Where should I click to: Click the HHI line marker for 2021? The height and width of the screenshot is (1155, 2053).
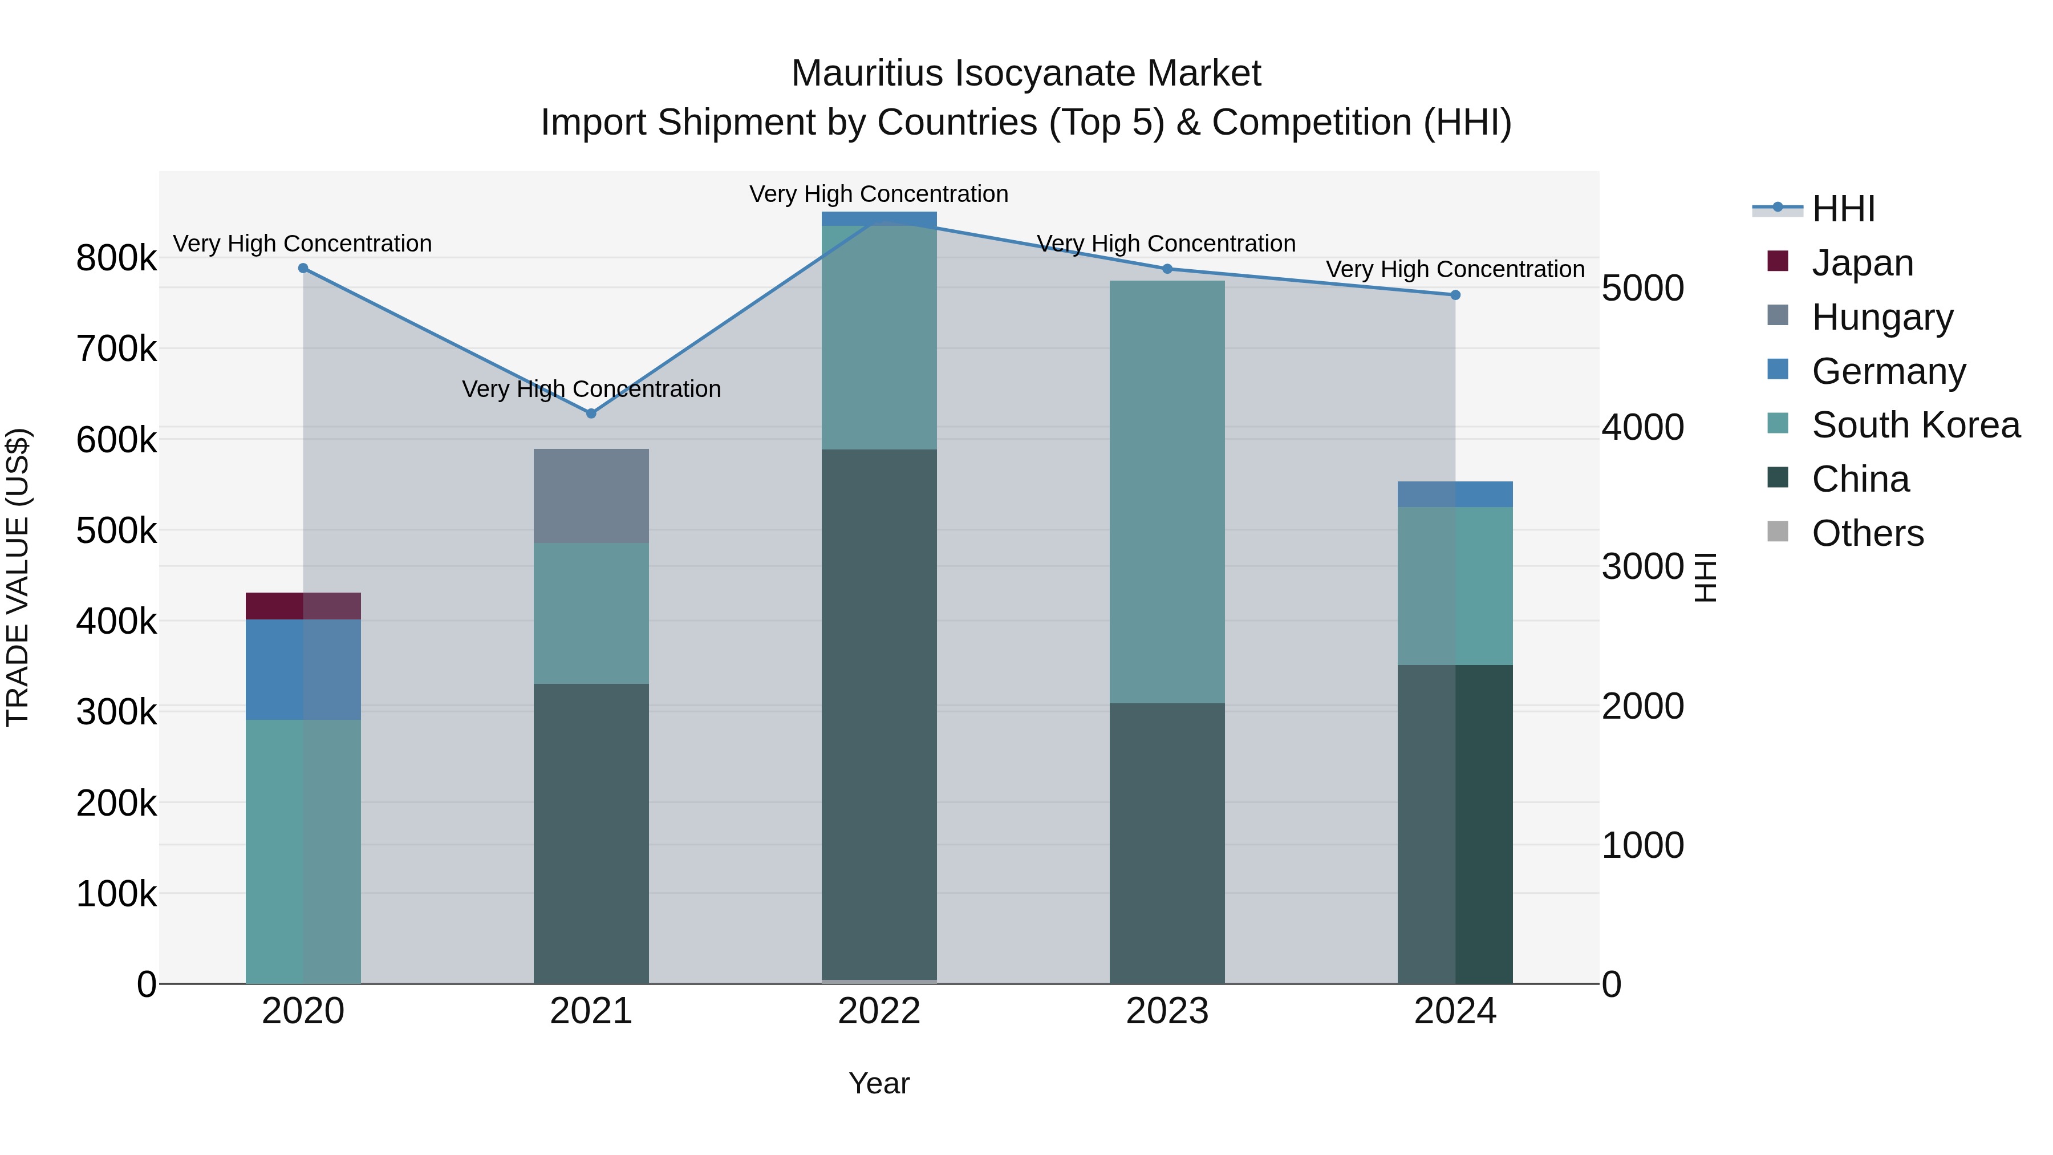pyautogui.click(x=591, y=414)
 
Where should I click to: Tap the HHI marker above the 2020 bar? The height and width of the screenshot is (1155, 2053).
pyautogui.click(x=303, y=269)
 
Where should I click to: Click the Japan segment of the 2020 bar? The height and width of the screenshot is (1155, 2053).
pyautogui.click(x=303, y=606)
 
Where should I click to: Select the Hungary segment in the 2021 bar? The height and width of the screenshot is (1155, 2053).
pyautogui.click(x=591, y=496)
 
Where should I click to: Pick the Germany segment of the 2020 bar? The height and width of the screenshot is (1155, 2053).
pyautogui.click(x=303, y=670)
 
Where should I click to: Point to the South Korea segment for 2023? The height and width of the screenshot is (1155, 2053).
pyautogui.click(x=1167, y=491)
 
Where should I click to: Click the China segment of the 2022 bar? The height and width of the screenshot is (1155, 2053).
pyautogui.click(x=879, y=714)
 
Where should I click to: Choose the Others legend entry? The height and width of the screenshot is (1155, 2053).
pyautogui.click(x=1867, y=533)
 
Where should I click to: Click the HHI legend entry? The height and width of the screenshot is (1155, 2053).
pyautogui.click(x=1843, y=209)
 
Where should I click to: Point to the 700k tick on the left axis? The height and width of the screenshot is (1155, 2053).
pyautogui.click(x=116, y=349)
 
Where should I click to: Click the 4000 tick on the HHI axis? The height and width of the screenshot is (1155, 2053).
pyautogui.click(x=1642, y=427)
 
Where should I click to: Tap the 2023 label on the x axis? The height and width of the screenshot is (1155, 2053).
pyautogui.click(x=1167, y=1011)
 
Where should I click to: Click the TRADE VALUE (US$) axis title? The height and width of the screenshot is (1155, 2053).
pyautogui.click(x=18, y=577)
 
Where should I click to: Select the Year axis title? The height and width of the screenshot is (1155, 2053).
pyautogui.click(x=879, y=1083)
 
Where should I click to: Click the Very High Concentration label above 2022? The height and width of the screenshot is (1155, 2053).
pyautogui.click(x=879, y=194)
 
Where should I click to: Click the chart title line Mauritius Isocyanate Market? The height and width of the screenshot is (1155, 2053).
pyautogui.click(x=1026, y=74)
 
